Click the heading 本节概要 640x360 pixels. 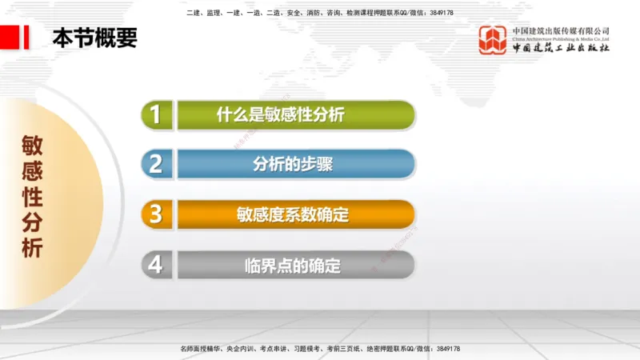94,38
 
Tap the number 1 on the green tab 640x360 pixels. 156,114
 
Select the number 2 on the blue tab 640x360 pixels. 156,164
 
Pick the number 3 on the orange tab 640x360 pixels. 156,214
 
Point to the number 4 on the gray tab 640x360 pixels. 156,264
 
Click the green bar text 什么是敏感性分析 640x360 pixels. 280,114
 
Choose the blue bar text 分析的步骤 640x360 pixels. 293,165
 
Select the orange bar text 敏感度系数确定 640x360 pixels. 293,214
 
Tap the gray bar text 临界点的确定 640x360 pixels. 293,265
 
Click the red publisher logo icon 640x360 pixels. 493,39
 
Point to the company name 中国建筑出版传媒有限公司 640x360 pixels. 561,30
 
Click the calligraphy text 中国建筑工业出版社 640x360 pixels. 561,47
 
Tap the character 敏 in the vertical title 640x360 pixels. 33,145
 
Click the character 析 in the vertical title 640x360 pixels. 33,248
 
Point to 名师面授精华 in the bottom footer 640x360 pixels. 202,349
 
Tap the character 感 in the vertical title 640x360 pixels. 33,170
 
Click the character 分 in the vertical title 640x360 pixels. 33,222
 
